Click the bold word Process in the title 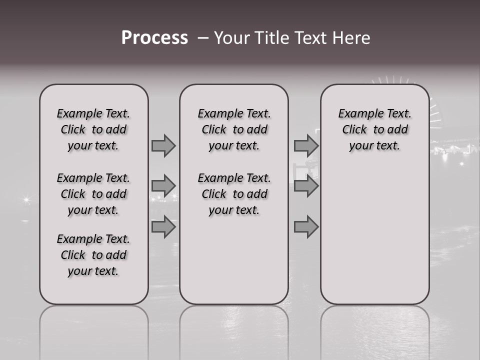[x=154, y=38]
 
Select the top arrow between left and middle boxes [x=163, y=145]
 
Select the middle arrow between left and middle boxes [x=163, y=186]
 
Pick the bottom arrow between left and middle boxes [x=163, y=227]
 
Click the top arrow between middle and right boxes [x=306, y=145]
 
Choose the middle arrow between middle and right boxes [x=306, y=186]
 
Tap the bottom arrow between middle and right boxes [x=306, y=227]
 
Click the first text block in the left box [x=93, y=129]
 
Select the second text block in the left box [x=93, y=194]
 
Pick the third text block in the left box [x=93, y=255]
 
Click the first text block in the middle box [x=234, y=129]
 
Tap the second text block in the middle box [x=234, y=194]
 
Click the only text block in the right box [x=374, y=129]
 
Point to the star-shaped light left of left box [x=26, y=199]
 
